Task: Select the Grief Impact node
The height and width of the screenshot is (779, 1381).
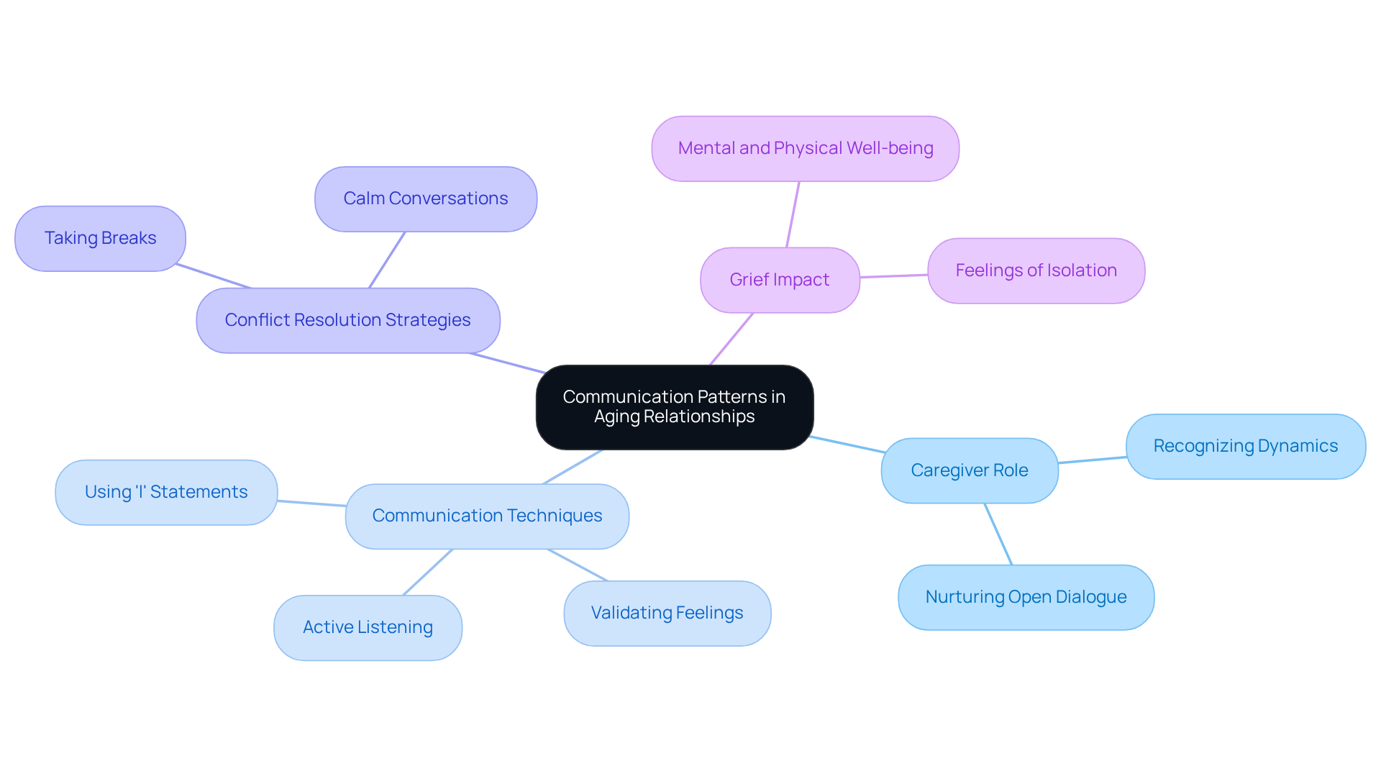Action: point(780,280)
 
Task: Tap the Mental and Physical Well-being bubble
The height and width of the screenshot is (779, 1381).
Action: point(805,148)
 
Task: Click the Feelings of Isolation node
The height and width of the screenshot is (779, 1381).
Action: point(1036,270)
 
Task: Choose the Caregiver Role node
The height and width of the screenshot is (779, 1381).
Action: point(969,470)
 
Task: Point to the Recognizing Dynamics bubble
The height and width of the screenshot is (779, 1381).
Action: point(1245,446)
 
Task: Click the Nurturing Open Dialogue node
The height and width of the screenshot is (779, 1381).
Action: point(1026,597)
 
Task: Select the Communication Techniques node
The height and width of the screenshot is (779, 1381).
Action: point(487,516)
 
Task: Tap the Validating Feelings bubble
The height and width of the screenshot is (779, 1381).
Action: point(667,613)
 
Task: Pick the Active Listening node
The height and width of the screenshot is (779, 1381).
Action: point(368,627)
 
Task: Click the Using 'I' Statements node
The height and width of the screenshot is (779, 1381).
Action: point(166,492)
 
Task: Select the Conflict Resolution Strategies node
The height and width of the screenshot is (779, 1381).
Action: point(347,320)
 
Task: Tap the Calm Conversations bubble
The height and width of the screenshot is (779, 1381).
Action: point(425,199)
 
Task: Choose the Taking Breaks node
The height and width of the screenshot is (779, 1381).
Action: point(100,238)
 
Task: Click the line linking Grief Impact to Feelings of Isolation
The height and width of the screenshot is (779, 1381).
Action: point(893,276)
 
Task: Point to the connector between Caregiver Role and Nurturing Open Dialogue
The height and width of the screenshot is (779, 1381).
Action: point(998,534)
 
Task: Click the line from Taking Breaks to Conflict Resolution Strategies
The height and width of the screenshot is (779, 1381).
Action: point(213,276)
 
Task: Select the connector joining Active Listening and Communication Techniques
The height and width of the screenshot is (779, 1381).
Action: point(428,572)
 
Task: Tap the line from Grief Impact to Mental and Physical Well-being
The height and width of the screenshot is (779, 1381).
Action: point(793,214)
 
